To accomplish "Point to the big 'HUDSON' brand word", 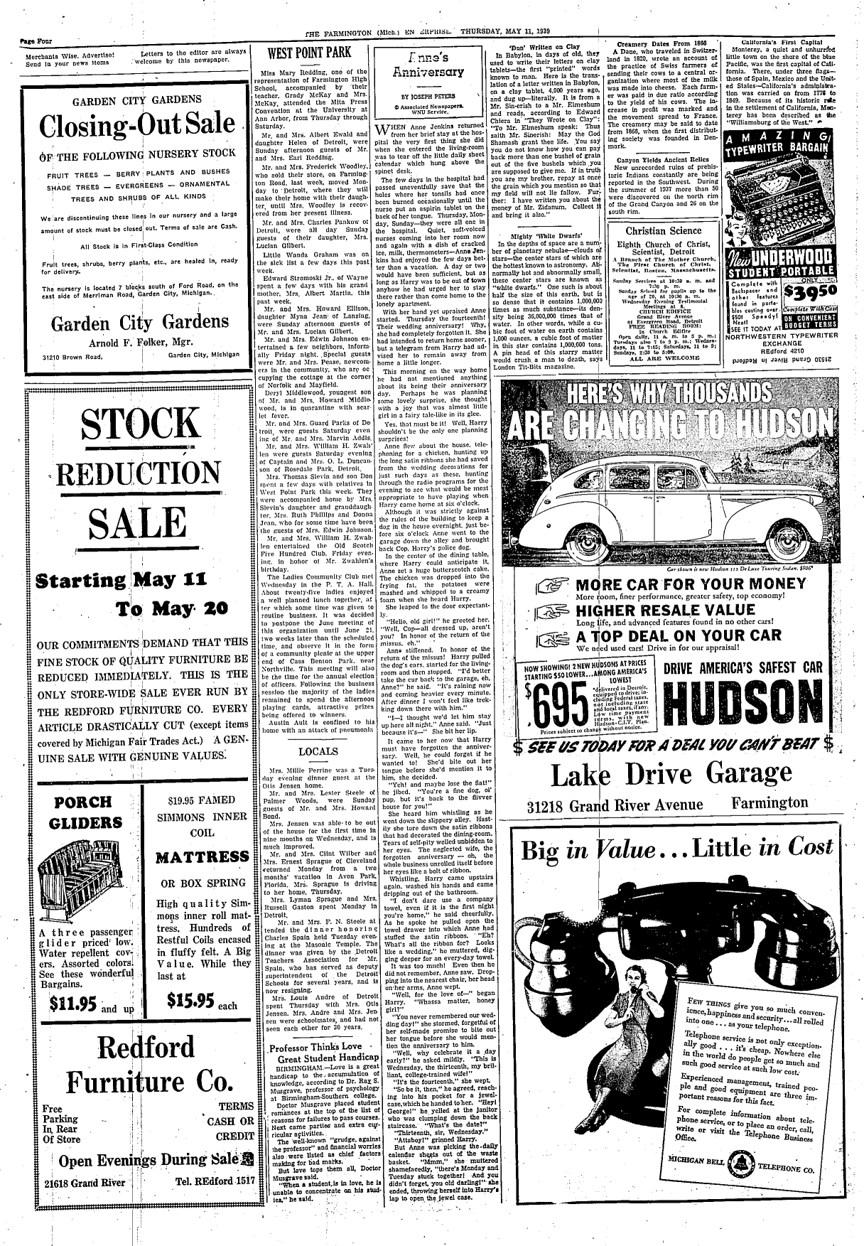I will click(745, 703).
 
